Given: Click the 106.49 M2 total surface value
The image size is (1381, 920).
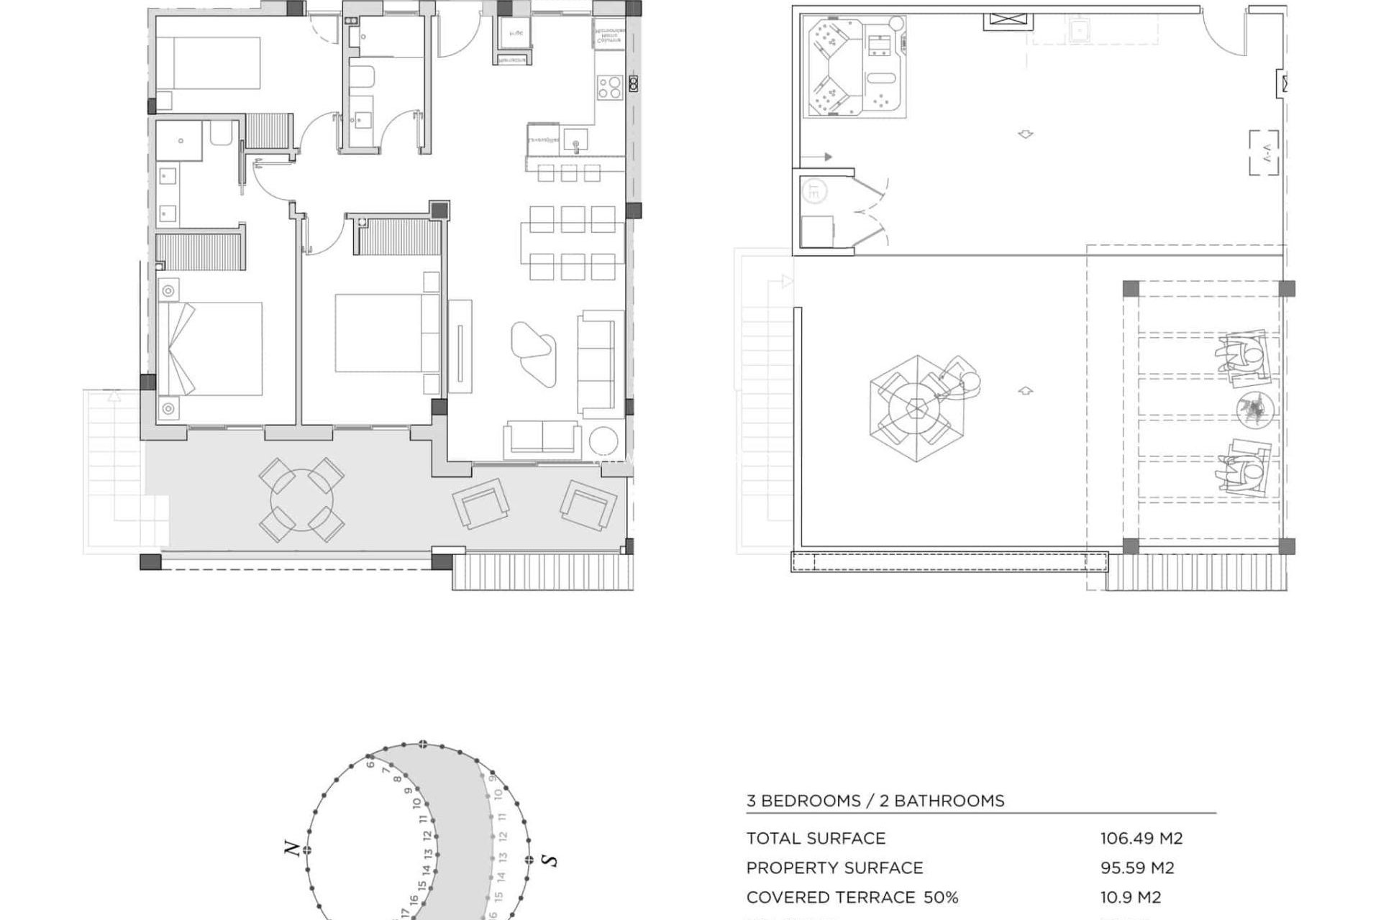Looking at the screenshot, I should click(1141, 838).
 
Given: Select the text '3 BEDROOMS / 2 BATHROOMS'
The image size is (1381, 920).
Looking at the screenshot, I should click(875, 801).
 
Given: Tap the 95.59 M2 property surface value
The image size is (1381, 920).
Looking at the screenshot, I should click(1136, 868).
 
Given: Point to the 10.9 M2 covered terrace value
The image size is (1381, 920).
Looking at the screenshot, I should click(1130, 897).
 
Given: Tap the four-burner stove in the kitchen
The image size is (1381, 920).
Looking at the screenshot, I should click(609, 88).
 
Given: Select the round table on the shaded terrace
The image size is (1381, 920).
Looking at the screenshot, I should click(301, 500).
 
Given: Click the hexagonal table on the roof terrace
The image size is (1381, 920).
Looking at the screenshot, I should click(916, 408).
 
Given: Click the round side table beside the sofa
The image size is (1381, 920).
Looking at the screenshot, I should click(602, 441).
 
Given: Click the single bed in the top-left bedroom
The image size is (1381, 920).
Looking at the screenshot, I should click(209, 63).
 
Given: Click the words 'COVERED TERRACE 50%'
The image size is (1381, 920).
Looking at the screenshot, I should click(852, 897).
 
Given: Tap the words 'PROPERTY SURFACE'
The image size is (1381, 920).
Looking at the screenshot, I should click(834, 868).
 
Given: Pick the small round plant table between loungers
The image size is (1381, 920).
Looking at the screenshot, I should click(1256, 410).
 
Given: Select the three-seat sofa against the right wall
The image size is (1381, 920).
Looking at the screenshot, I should click(597, 364).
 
